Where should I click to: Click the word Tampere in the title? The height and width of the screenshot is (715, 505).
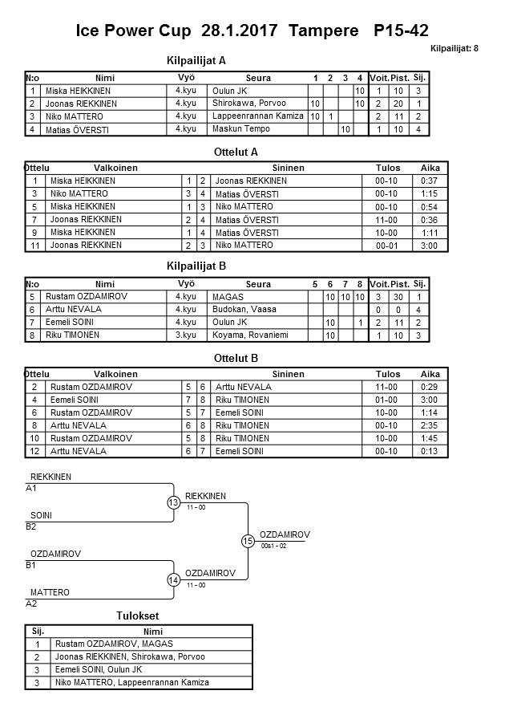[325, 31]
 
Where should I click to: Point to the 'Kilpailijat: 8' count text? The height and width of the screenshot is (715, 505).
[454, 49]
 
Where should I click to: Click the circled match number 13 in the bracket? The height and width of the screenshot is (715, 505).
[174, 502]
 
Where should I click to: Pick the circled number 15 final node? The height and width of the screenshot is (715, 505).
[248, 541]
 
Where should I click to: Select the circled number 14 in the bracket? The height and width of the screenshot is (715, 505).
[174, 579]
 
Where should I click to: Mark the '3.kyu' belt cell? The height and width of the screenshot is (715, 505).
[185, 335]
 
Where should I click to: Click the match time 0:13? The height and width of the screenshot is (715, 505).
[430, 452]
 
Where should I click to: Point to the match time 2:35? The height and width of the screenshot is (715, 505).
[430, 425]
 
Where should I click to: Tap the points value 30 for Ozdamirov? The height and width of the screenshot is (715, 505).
[395, 296]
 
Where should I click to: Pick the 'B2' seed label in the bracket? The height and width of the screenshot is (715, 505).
[31, 527]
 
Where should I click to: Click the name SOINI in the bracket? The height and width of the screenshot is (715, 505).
[41, 516]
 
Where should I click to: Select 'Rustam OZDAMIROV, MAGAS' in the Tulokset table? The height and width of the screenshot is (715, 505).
[114, 644]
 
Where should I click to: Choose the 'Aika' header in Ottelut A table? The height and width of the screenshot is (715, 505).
[430, 168]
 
